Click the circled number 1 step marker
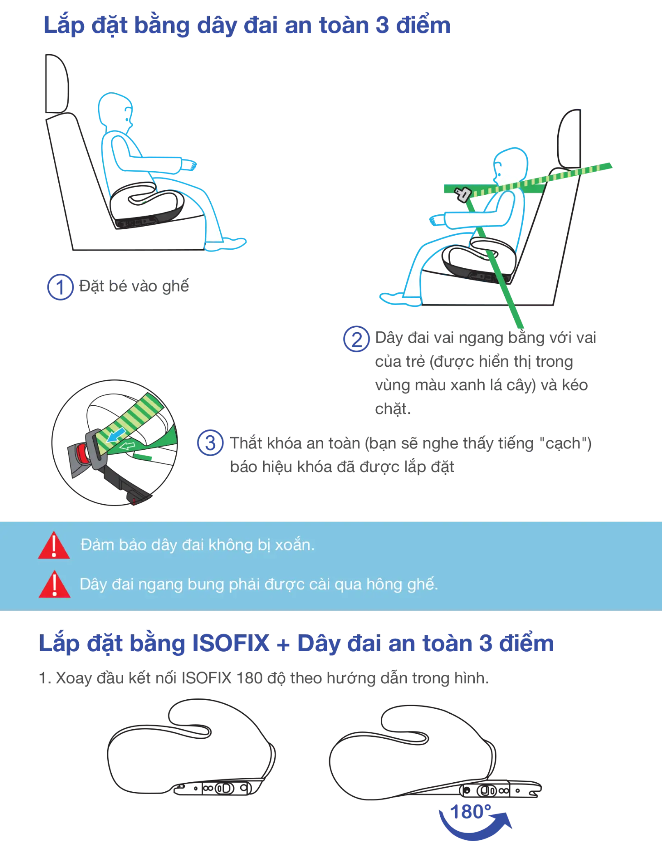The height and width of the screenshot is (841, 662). coord(60,287)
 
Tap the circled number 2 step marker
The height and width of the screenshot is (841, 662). coord(356,339)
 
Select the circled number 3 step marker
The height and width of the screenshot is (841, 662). coord(210,443)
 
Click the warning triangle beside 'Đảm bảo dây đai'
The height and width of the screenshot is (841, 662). coord(54,545)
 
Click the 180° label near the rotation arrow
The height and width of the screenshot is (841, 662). coord(471,812)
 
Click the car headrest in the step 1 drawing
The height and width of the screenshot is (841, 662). coord(57,83)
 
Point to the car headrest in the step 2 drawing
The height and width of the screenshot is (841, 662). coord(569,138)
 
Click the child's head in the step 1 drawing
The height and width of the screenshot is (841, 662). coord(115,111)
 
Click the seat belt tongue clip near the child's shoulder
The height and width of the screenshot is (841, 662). coord(463,194)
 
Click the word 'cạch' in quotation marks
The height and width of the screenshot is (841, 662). coord(563,444)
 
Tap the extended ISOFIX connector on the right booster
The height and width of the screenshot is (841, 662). coord(500,789)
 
